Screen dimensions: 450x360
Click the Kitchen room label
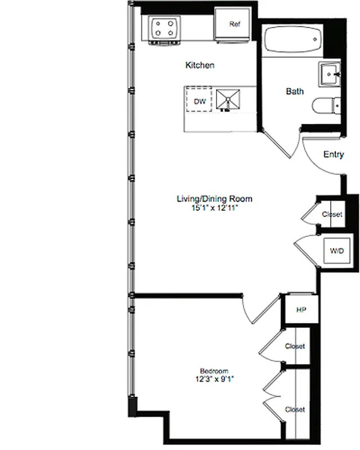click(x=200, y=65)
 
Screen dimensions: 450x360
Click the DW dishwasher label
click(x=199, y=102)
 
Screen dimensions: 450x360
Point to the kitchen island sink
click(x=227, y=100)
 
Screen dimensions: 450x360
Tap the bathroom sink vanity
click(x=328, y=74)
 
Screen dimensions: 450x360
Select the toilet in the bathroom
click(x=328, y=106)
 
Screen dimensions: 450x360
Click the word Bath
click(x=295, y=91)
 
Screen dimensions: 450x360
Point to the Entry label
click(x=334, y=155)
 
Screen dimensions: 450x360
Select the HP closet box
click(x=300, y=310)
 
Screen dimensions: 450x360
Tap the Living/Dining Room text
click(x=214, y=199)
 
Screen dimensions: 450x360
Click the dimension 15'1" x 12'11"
click(x=214, y=208)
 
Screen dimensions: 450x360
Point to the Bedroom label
click(x=214, y=371)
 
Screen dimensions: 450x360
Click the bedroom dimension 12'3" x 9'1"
click(x=214, y=379)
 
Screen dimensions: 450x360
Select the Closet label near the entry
click(x=331, y=214)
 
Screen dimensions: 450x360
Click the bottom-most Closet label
click(x=295, y=409)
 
